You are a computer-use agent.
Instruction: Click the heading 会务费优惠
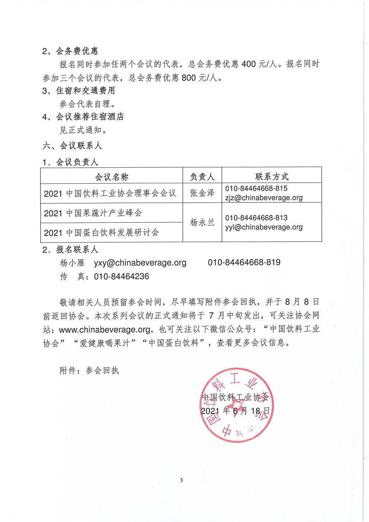pos(77,51)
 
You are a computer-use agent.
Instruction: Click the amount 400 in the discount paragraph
pos(248,64)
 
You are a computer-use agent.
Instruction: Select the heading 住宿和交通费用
pos(85,91)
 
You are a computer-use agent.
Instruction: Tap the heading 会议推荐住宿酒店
pos(90,117)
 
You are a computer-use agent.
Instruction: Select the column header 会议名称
pos(112,177)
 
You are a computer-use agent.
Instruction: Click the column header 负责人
pos(202,177)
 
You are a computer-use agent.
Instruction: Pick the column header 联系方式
pos(272,177)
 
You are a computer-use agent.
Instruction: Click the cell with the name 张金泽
pos(202,193)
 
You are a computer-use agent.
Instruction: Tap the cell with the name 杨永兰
pos(202,222)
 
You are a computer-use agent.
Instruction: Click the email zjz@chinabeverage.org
pos(264,198)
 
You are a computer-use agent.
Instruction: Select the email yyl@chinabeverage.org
pos(264,227)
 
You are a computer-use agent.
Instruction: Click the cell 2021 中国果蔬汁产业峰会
pos(93,213)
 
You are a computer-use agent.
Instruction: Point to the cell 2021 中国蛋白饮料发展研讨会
pos(102,233)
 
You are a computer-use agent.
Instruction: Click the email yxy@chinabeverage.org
pos(140,263)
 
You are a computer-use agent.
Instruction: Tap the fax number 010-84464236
pos(121,277)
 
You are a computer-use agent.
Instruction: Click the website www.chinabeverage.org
pos(105,329)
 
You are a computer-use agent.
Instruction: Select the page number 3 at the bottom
pos(182,480)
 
